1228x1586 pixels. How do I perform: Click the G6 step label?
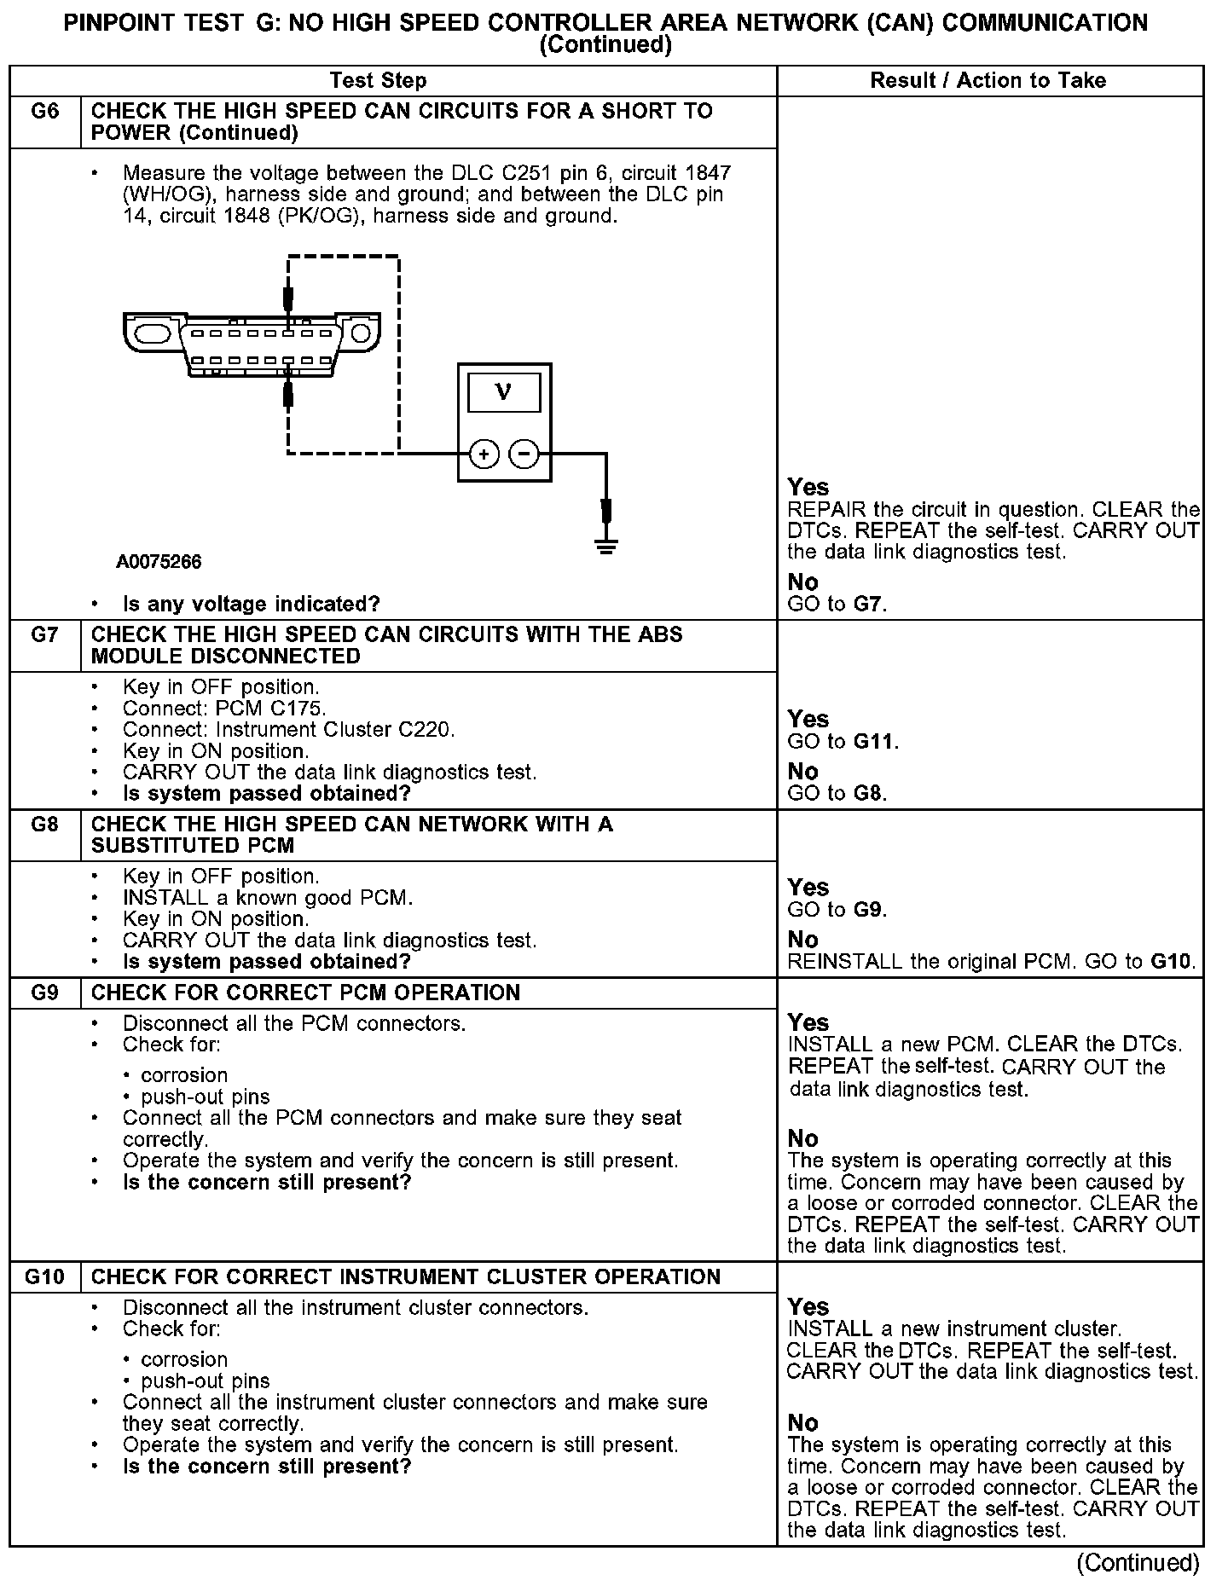[x=44, y=112]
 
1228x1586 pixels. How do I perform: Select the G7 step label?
[x=44, y=635]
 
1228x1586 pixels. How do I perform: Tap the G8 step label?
[x=44, y=825]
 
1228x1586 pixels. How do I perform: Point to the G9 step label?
[x=44, y=993]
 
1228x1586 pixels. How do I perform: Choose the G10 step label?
[x=44, y=1276]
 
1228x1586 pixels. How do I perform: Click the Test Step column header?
[x=378, y=81]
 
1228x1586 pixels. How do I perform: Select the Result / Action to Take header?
[x=988, y=81]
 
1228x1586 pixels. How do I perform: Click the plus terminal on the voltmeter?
[x=484, y=454]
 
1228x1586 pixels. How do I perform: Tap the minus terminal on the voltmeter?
[x=524, y=454]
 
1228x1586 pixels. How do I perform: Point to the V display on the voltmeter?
[x=504, y=393]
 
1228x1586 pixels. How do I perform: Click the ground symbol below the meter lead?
[x=606, y=545]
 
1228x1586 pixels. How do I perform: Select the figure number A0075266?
[x=159, y=562]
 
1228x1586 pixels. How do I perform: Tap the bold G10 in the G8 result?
[x=1171, y=962]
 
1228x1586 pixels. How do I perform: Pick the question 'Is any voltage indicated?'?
[x=252, y=605]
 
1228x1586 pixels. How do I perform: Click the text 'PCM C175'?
[x=270, y=709]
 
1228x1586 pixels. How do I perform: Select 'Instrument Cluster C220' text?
[x=335, y=730]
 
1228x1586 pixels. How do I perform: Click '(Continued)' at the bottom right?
[x=1138, y=1562]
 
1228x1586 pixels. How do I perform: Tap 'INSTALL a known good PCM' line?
[x=268, y=898]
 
